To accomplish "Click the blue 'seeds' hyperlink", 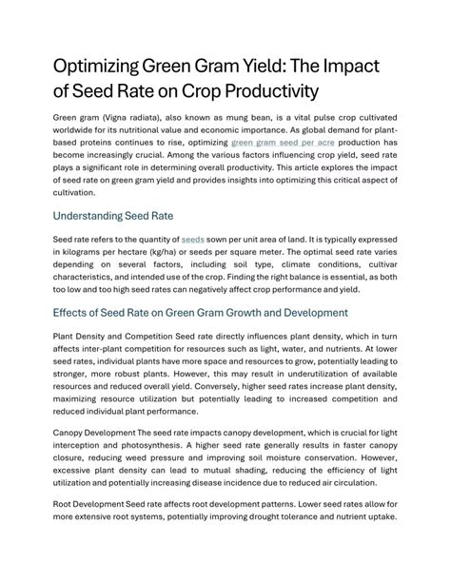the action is [x=193, y=242].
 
